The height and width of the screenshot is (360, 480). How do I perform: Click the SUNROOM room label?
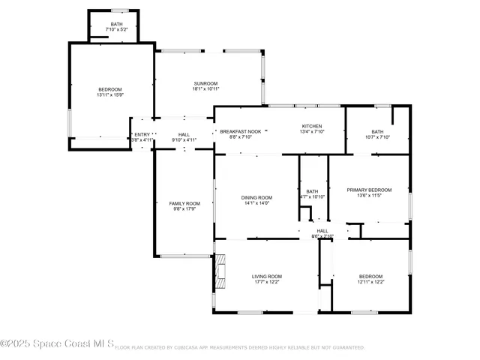pyautogui.click(x=205, y=83)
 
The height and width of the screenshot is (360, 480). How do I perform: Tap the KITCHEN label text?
pyautogui.click(x=312, y=126)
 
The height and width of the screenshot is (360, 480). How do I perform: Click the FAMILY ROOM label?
pyautogui.click(x=184, y=204)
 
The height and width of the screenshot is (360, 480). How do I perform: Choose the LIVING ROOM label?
pyautogui.click(x=266, y=277)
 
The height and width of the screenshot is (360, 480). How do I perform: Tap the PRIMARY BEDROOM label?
pyautogui.click(x=369, y=190)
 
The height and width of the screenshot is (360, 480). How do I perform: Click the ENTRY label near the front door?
pyautogui.click(x=142, y=134)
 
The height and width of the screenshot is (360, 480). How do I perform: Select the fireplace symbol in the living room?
pyautogui.click(x=220, y=274)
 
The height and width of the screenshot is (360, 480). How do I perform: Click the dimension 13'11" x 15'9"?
pyautogui.click(x=110, y=95)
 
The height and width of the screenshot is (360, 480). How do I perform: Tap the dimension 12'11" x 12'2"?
pyautogui.click(x=370, y=283)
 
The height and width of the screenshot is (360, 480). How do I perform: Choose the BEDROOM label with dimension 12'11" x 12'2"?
pyautogui.click(x=370, y=277)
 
